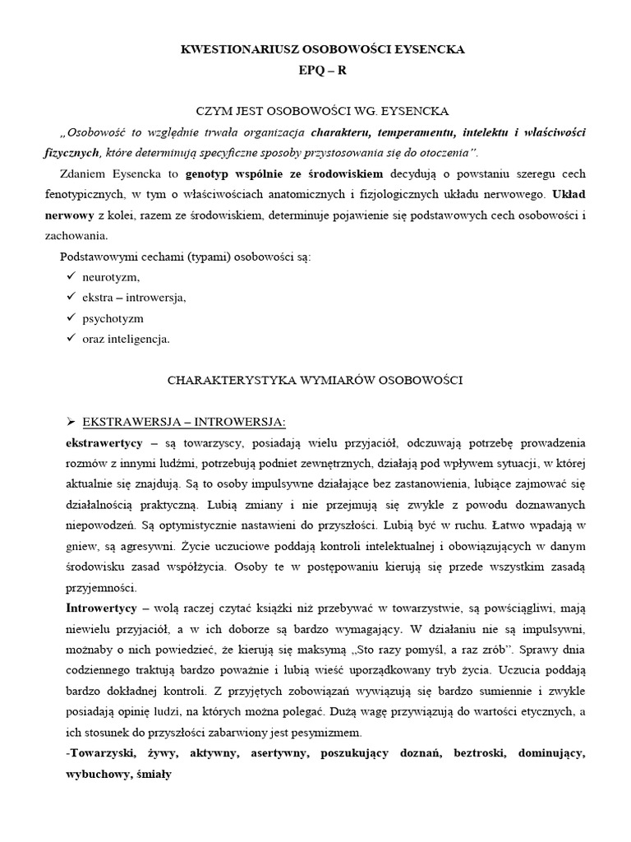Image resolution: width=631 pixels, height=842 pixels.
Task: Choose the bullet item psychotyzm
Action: [113, 318]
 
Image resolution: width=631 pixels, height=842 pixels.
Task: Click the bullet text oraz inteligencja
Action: [126, 339]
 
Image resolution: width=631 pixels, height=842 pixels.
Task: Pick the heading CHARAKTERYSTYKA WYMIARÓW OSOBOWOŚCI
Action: [315, 381]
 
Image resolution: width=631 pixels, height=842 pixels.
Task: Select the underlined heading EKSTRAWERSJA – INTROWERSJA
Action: [184, 422]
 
